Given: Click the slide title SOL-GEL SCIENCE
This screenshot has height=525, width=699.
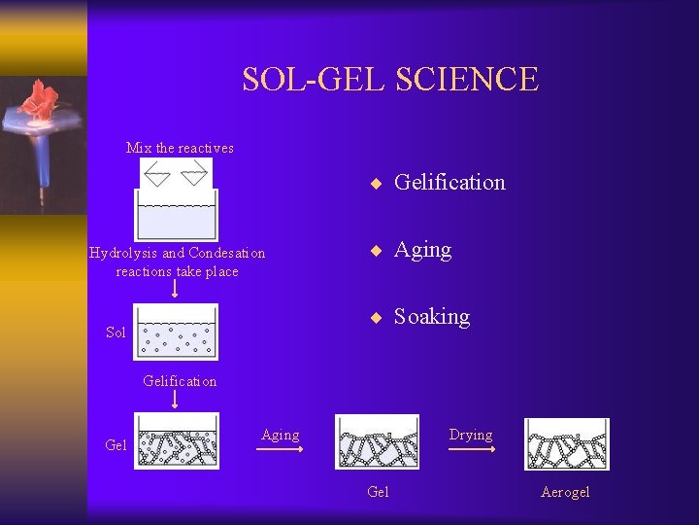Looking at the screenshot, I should click(389, 79).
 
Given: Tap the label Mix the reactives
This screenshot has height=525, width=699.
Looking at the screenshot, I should click(180, 148).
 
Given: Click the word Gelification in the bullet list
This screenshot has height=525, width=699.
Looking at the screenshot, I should click(449, 182).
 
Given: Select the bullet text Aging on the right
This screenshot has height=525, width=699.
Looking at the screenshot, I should click(422, 250).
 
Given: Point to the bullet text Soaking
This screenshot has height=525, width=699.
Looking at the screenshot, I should click(431, 317).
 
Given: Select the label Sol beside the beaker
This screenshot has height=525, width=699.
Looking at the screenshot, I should click(116, 332).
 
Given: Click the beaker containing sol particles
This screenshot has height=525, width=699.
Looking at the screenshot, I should click(176, 332).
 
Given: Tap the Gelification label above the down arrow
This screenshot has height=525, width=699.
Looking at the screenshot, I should click(180, 381).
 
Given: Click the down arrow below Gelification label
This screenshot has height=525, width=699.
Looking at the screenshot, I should click(176, 400).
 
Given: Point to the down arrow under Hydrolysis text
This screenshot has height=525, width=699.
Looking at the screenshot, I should click(176, 290).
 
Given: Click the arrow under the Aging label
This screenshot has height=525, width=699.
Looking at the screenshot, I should click(280, 449).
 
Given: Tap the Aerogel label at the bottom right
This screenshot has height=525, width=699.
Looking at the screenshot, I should click(565, 492).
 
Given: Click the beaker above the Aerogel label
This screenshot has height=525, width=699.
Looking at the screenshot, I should click(567, 444).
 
